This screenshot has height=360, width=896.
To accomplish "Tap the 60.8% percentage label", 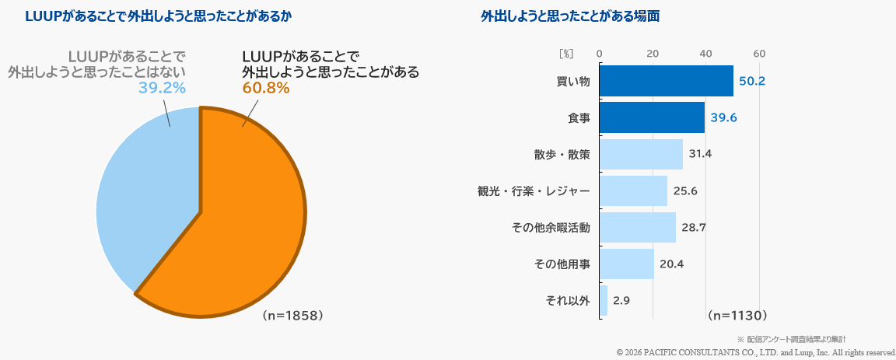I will click(266, 88).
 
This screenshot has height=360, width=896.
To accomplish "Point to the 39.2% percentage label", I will click(162, 88).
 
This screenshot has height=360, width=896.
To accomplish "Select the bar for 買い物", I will click(666, 81).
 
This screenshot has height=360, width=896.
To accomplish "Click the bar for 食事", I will click(652, 117).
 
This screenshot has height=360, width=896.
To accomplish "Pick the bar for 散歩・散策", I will click(641, 154).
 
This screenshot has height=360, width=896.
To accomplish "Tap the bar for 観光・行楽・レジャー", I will click(633, 190).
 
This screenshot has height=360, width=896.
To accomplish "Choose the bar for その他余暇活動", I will click(637, 227).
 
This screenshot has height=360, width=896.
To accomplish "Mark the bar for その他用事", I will click(626, 264).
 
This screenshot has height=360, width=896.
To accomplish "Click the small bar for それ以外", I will click(603, 300).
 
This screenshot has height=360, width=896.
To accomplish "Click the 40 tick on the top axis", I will click(706, 54).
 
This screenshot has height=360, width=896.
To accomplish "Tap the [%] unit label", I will click(566, 54).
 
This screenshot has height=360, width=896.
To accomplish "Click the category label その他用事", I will click(562, 264).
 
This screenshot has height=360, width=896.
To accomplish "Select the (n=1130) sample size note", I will click(737, 316).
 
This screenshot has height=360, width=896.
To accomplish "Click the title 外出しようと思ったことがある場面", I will click(570, 16).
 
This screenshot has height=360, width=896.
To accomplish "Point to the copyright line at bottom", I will click(755, 352).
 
